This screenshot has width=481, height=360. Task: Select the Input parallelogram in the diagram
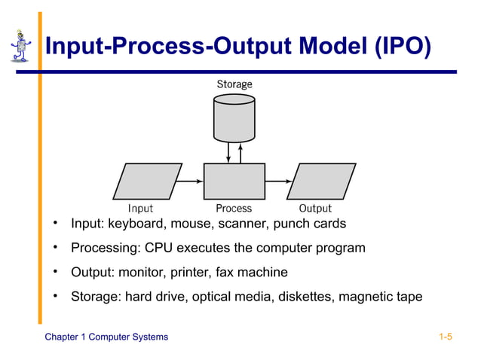point(147,182)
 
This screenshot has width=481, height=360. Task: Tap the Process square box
point(234,182)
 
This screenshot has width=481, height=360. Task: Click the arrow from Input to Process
point(191,182)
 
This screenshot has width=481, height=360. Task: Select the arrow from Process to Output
point(278,182)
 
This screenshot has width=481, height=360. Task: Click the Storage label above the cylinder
point(234,84)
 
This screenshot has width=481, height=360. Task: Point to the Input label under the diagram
point(140,208)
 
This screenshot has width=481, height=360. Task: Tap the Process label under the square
point(234,208)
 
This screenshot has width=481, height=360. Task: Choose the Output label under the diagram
point(315,208)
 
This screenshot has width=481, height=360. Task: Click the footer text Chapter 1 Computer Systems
point(106,337)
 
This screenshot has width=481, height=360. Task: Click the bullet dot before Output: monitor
point(56,271)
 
